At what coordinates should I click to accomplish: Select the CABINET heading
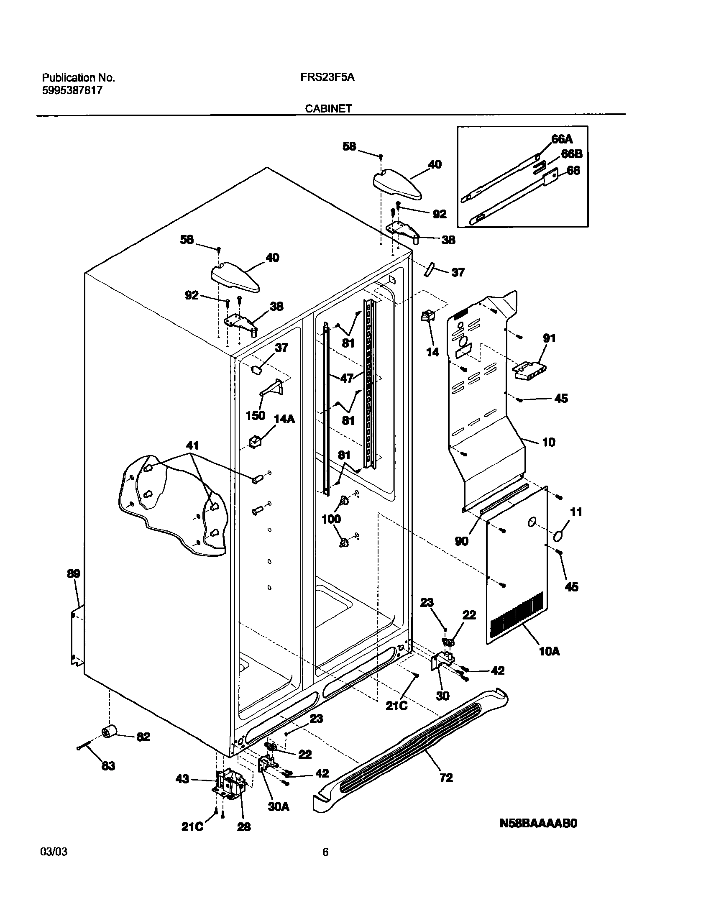point(328,109)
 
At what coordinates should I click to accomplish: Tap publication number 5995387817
point(72,90)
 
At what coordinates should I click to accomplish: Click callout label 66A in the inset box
point(562,139)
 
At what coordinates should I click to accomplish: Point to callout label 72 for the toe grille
point(446,778)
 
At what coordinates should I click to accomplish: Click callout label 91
point(549,338)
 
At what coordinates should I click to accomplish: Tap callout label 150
point(255,415)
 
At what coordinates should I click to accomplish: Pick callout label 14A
point(284,419)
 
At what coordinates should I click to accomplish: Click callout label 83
point(108,766)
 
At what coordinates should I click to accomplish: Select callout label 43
point(182,779)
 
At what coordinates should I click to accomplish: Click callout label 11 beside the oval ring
point(576,512)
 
